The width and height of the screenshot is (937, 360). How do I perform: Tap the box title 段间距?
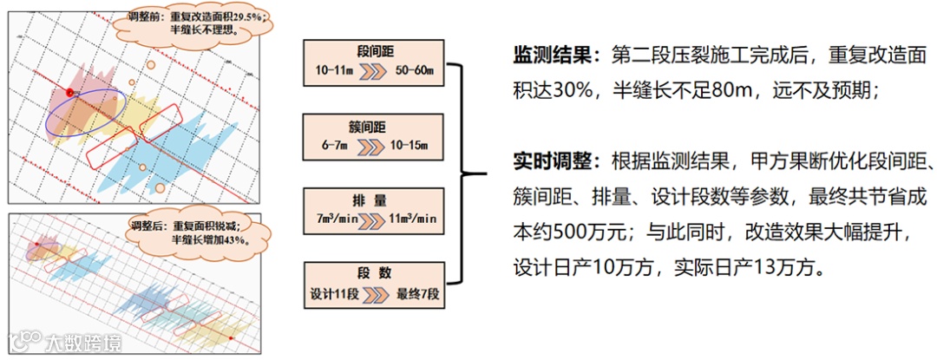pyautogui.click(x=375, y=52)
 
